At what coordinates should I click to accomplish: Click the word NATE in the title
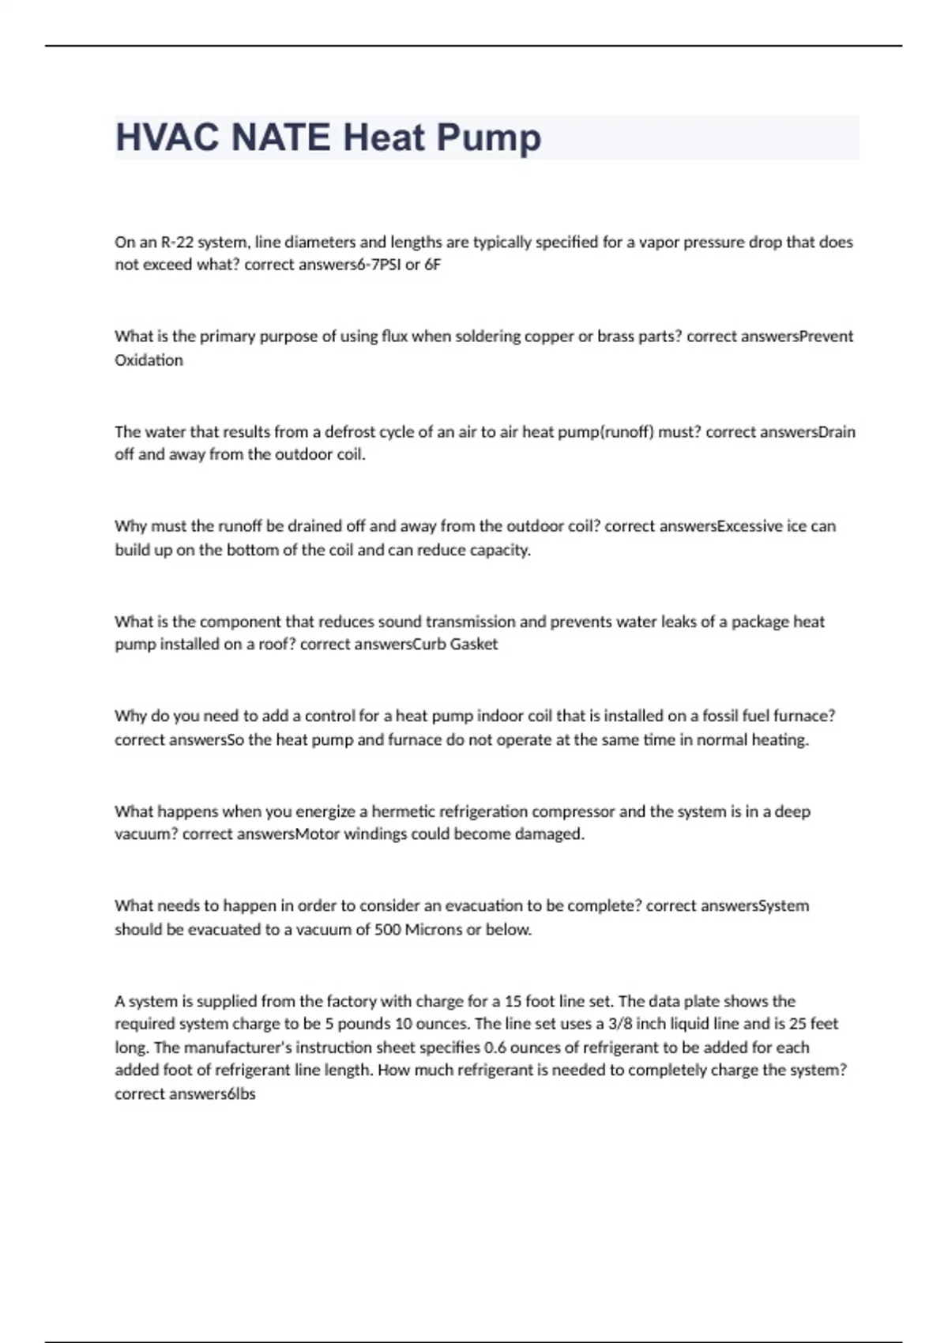tap(280, 137)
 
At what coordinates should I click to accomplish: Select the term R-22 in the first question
tap(178, 242)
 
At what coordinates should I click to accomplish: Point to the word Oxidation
tap(149, 360)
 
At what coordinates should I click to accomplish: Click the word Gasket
tap(474, 644)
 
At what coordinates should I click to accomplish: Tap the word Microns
tap(434, 930)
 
